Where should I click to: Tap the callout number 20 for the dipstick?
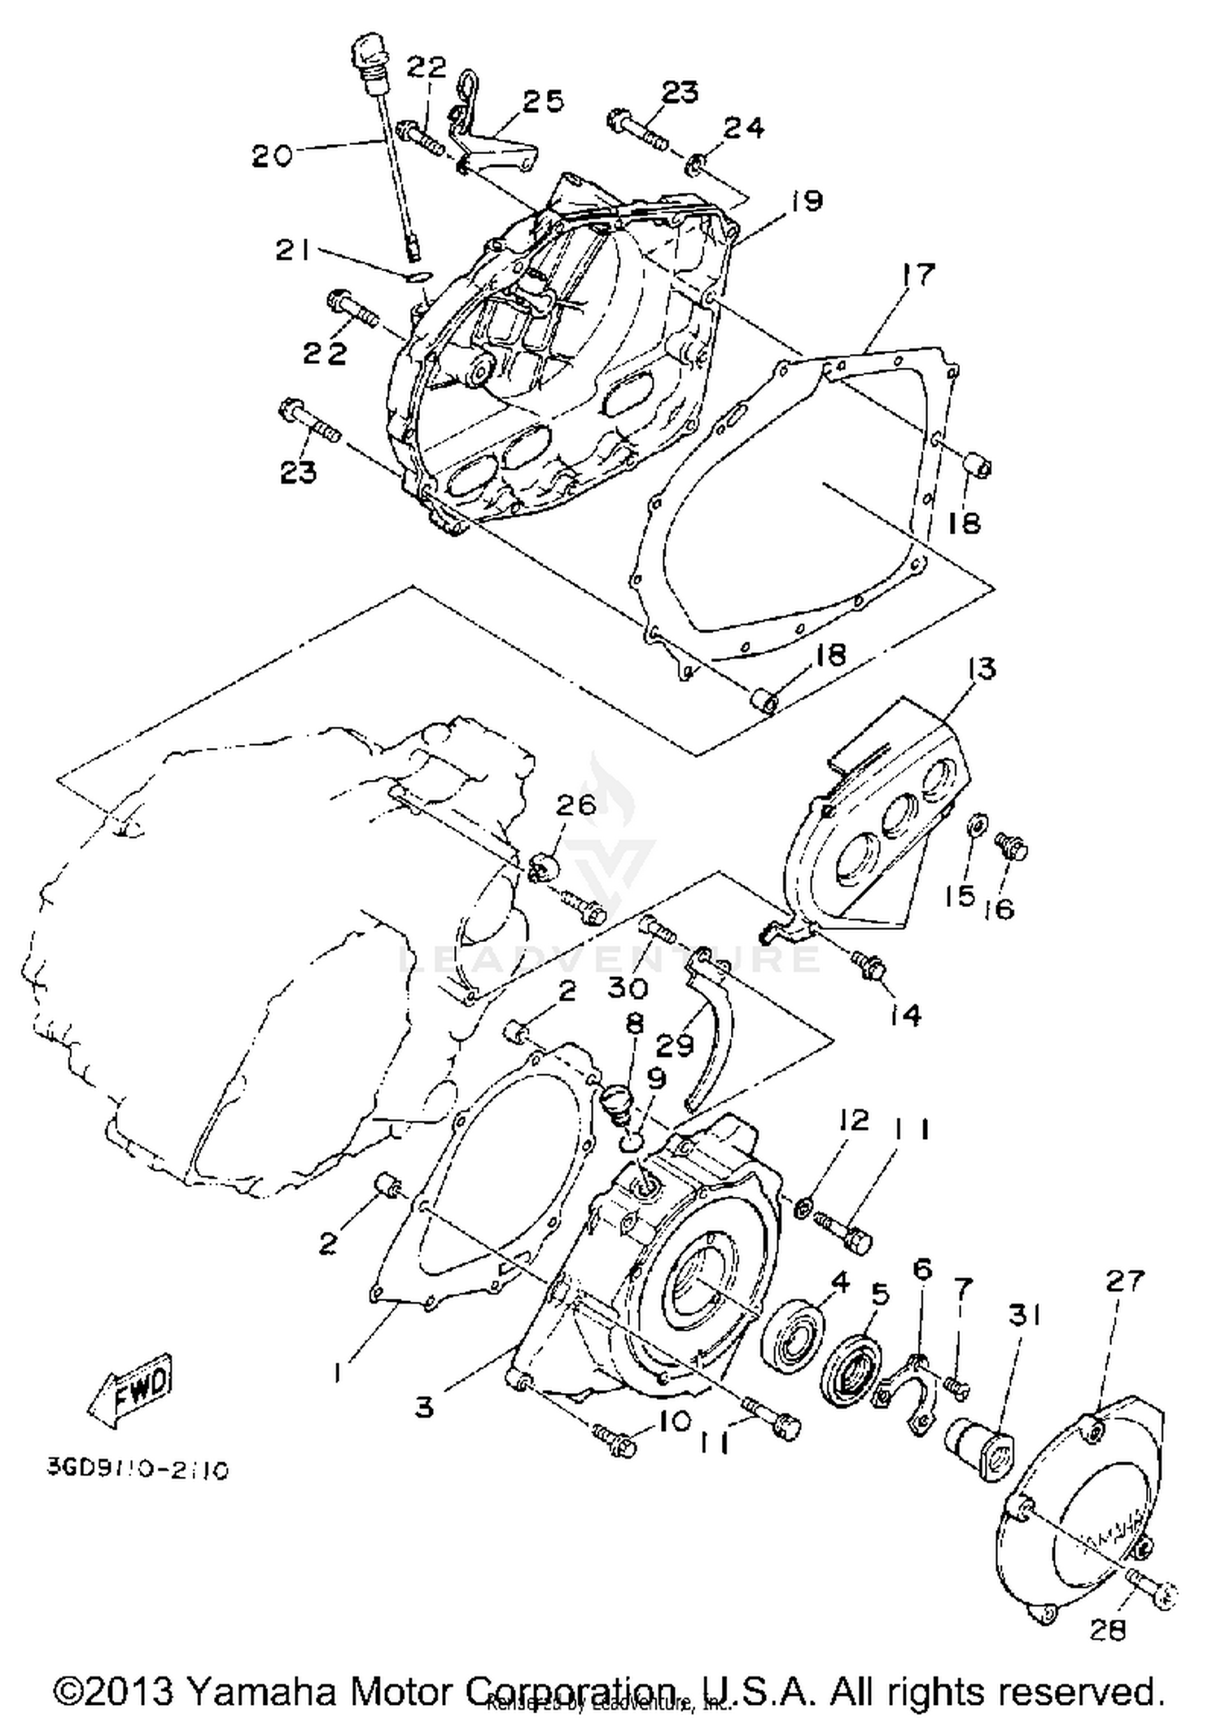point(271,155)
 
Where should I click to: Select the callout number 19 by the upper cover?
point(806,201)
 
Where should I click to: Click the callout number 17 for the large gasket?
point(918,275)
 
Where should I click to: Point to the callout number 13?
point(982,669)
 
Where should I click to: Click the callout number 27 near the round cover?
point(1124,1281)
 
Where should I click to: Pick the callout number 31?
point(1025,1315)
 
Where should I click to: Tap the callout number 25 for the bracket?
point(543,102)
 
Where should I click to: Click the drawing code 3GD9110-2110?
point(137,1470)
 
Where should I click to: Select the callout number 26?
point(576,804)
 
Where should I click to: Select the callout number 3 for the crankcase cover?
point(424,1407)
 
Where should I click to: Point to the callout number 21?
point(293,251)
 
